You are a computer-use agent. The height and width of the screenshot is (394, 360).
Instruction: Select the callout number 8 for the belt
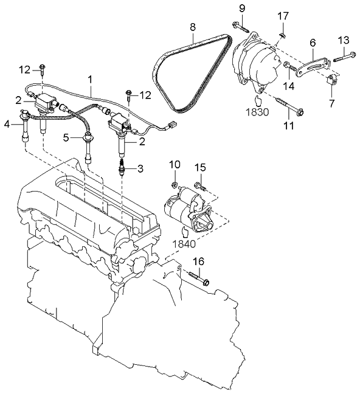[x=192, y=27]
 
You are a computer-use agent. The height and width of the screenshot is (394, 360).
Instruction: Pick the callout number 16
[x=198, y=263]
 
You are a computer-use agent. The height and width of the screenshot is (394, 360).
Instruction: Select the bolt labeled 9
[x=240, y=26]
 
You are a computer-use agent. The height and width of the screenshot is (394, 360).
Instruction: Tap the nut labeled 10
[x=174, y=182]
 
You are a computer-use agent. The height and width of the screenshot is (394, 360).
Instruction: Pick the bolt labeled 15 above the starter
[x=199, y=184]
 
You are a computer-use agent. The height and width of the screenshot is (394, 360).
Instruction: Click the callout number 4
[x=7, y=125]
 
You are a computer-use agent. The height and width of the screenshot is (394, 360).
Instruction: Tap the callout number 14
[x=288, y=86]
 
